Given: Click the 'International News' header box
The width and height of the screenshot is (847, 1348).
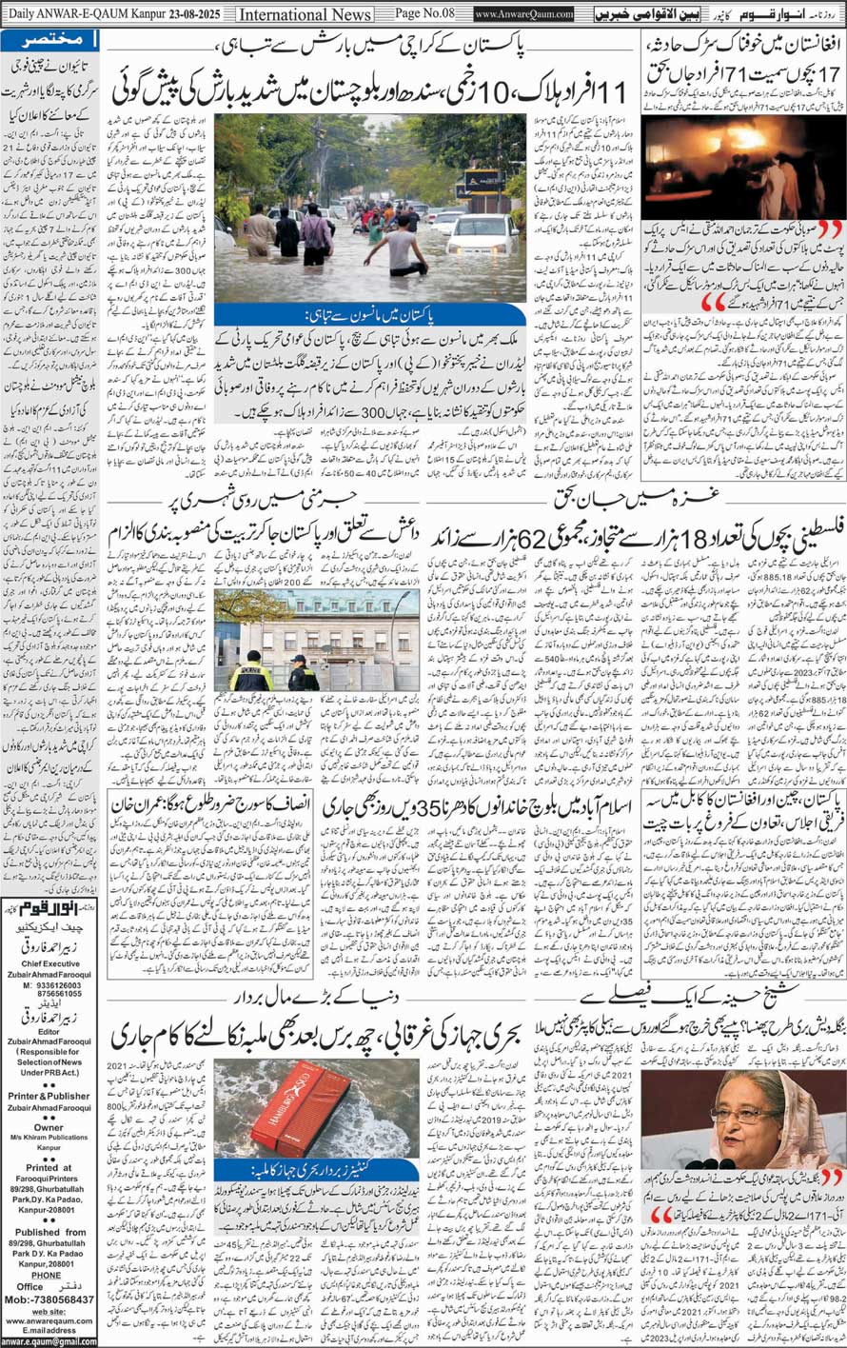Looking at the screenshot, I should [x=304, y=14].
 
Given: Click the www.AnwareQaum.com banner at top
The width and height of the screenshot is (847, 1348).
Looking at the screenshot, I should [x=523, y=14].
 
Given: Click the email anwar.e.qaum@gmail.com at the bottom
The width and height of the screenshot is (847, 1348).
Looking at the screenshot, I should [x=49, y=1341].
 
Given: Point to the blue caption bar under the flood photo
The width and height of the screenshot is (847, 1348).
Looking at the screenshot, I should [x=369, y=315].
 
